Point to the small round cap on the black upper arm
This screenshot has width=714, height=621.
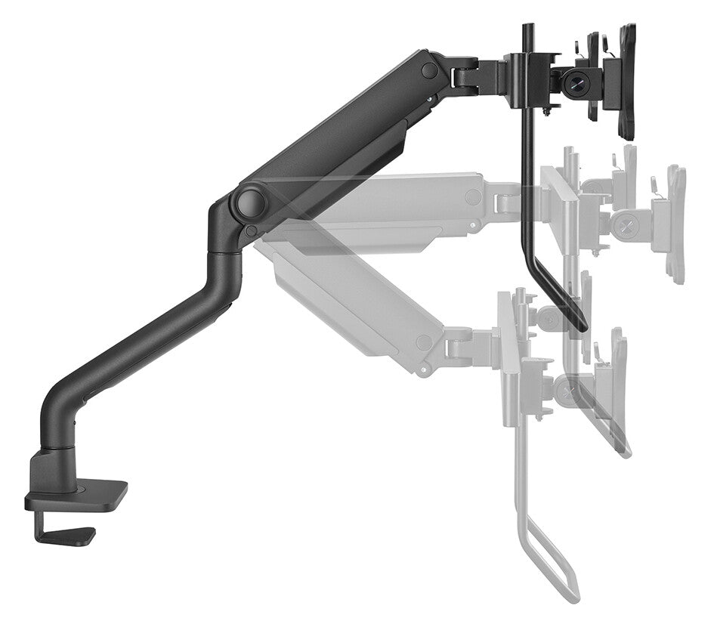point(429,70)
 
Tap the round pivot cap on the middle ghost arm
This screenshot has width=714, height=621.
point(474,197)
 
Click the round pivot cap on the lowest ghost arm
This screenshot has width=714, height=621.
point(425,342)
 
